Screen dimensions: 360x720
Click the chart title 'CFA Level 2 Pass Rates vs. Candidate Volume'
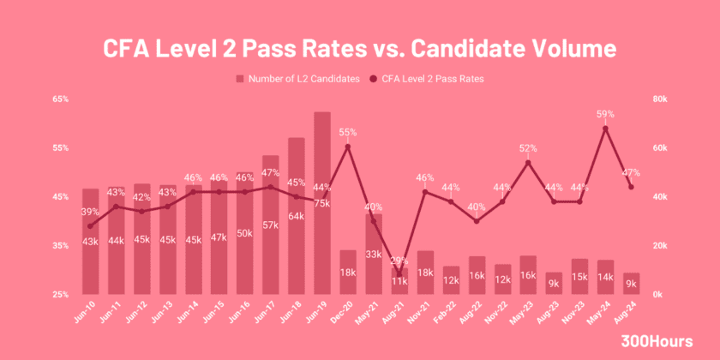click(359, 45)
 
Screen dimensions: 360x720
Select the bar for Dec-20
click(348, 273)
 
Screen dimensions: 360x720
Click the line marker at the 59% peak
click(605, 129)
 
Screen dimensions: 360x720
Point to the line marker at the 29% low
click(399, 273)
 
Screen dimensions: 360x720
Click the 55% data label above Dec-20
click(348, 133)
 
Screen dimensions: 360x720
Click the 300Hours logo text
click(657, 341)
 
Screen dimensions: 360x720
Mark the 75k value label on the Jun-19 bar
click(321, 203)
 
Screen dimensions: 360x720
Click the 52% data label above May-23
click(528, 148)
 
